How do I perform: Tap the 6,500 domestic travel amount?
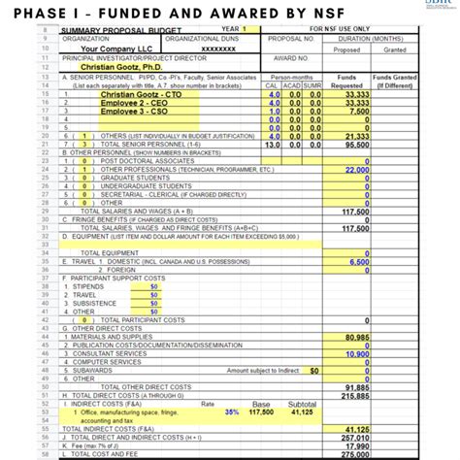pyautogui.click(x=357, y=262)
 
